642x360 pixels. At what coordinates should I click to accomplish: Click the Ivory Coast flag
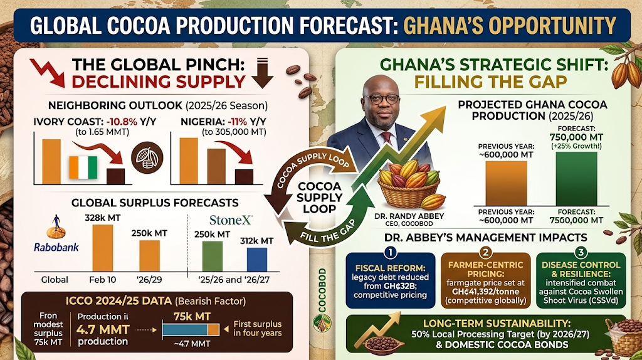(x=84, y=167)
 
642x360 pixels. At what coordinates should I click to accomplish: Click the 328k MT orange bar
(x=103, y=248)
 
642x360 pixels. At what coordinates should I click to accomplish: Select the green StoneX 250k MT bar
(x=212, y=256)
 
